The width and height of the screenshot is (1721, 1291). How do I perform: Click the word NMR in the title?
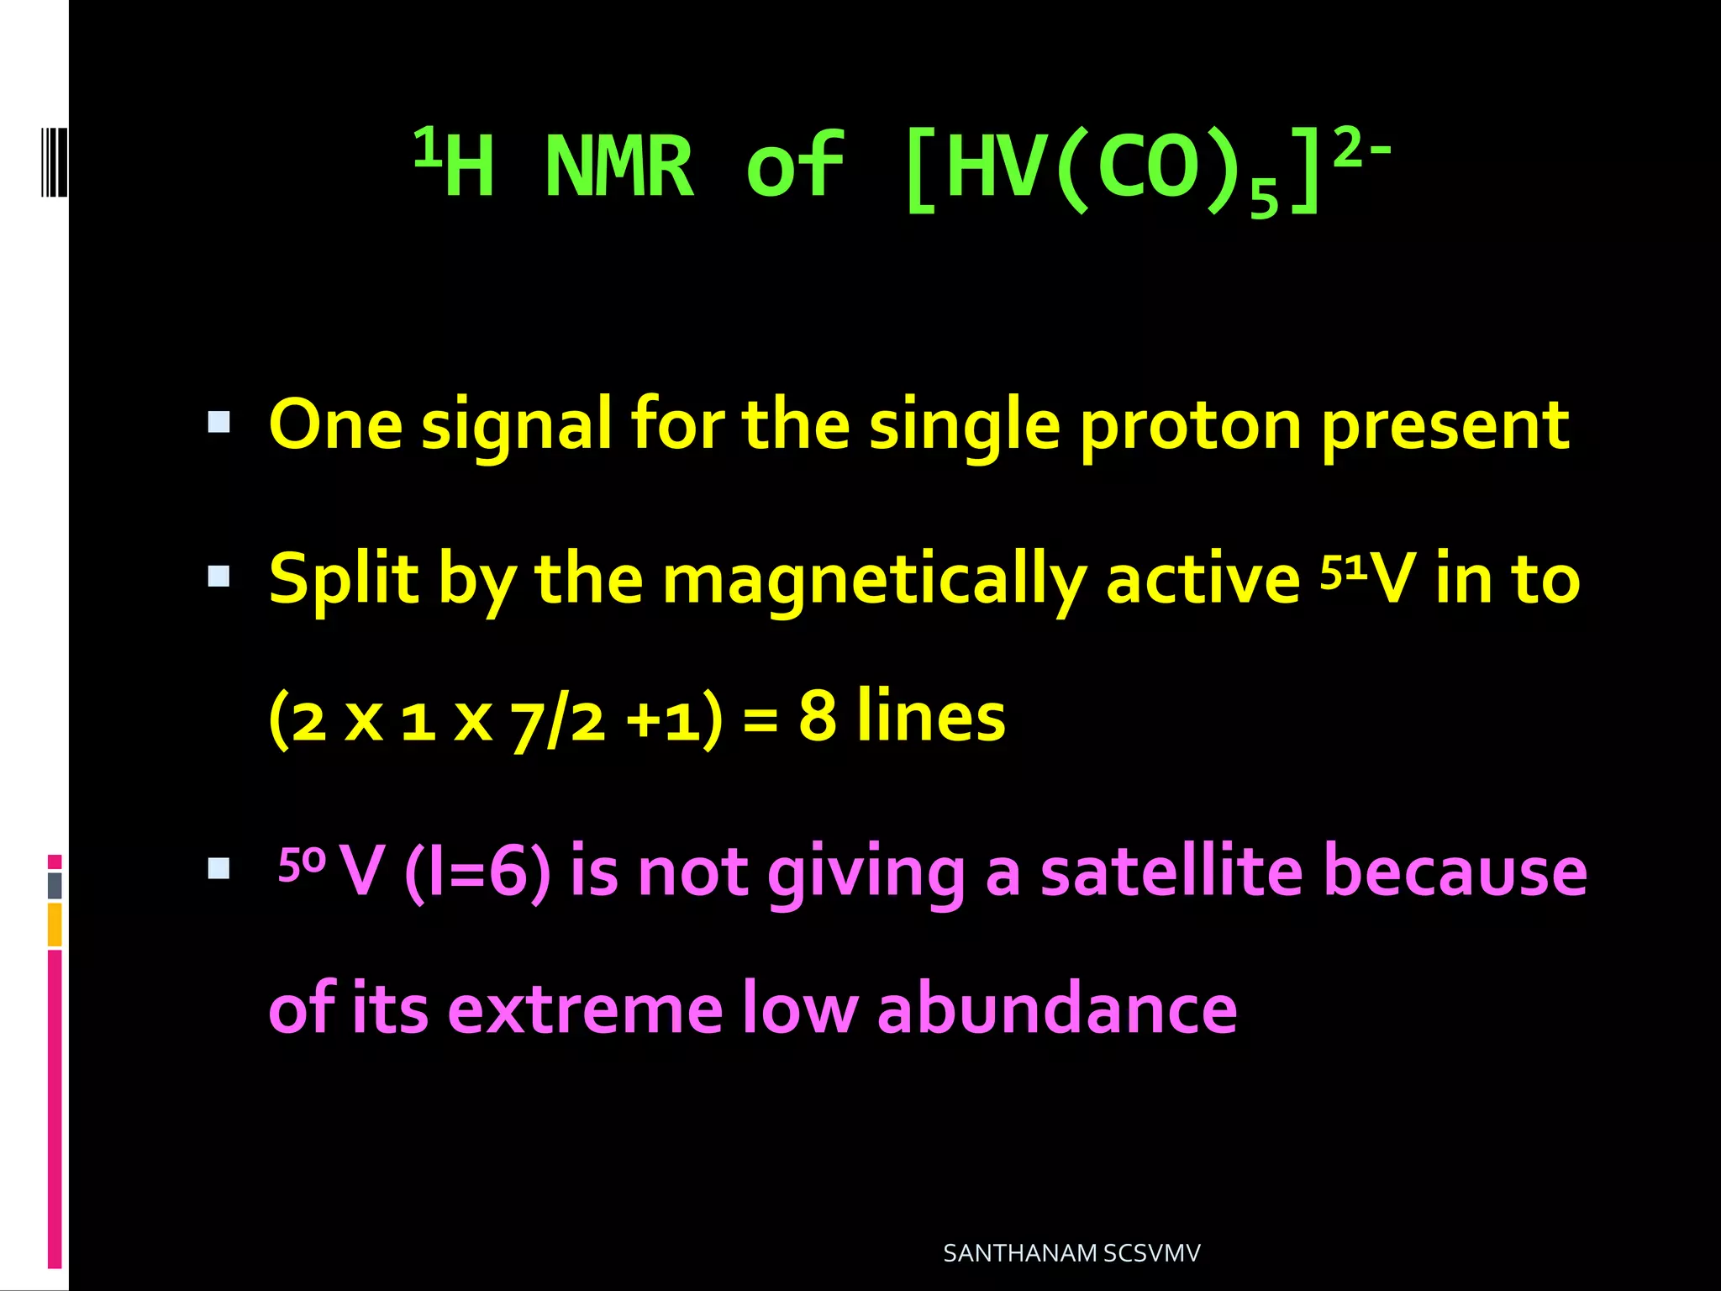pos(619,166)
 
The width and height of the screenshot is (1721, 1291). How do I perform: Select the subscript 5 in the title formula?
pos(1263,199)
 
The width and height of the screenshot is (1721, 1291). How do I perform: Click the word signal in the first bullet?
pos(516,425)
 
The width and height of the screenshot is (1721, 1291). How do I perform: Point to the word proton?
pos(1190,425)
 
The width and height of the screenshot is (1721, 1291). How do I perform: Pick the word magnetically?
pos(874,580)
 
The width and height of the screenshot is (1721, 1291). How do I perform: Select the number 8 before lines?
pos(817,715)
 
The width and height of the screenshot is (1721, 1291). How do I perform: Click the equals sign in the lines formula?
pos(761,721)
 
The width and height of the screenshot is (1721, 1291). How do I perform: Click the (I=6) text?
pos(477,872)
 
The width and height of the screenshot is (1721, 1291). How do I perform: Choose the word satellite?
pos(1171,872)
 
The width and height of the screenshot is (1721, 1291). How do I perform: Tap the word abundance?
pos(1056,1008)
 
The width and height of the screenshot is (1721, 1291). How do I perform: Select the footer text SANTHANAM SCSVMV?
pos(1071,1252)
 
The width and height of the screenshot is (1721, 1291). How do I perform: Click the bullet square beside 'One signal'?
pos(218,422)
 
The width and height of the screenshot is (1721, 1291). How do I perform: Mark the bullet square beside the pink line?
pos(218,868)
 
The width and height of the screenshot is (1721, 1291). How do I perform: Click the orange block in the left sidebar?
pos(55,924)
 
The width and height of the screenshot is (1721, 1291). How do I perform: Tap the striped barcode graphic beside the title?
pos(54,161)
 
